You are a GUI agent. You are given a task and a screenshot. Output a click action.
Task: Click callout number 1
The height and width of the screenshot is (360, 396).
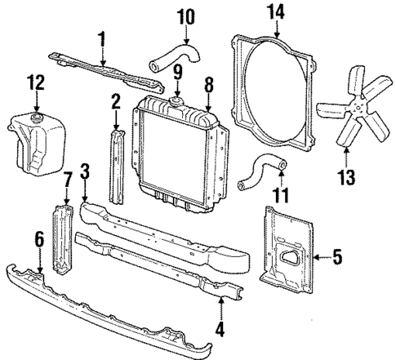[x=101, y=37]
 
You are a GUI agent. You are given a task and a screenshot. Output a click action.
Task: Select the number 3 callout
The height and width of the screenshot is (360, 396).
[x=83, y=172]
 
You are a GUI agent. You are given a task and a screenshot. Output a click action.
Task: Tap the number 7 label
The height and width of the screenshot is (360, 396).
[x=68, y=179]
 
